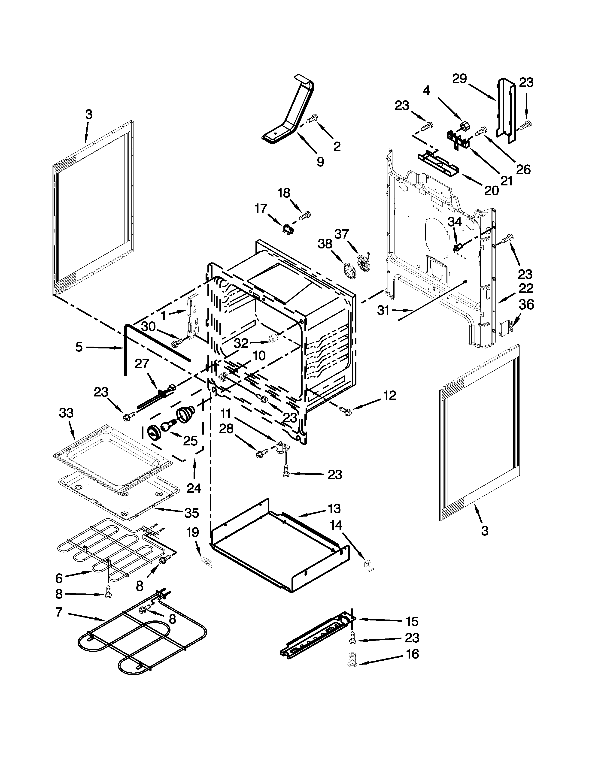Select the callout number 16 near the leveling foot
[412, 654]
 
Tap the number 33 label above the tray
[66, 413]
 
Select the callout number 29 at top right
[460, 79]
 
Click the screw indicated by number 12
[346, 412]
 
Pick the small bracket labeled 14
[368, 565]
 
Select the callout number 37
[342, 234]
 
